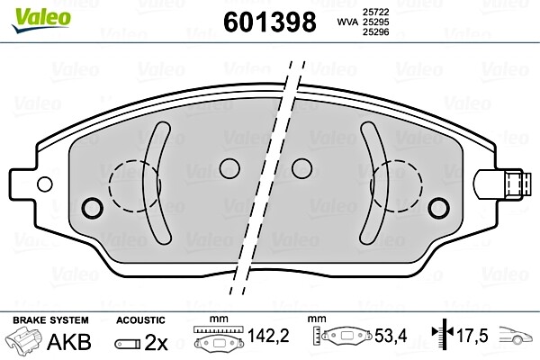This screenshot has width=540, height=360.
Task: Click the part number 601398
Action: click(x=268, y=21)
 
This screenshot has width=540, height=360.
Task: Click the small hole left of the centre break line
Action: click(x=230, y=168)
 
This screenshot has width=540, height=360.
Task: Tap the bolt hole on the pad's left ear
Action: click(x=90, y=208)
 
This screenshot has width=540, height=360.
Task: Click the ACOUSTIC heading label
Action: click(x=140, y=320)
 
